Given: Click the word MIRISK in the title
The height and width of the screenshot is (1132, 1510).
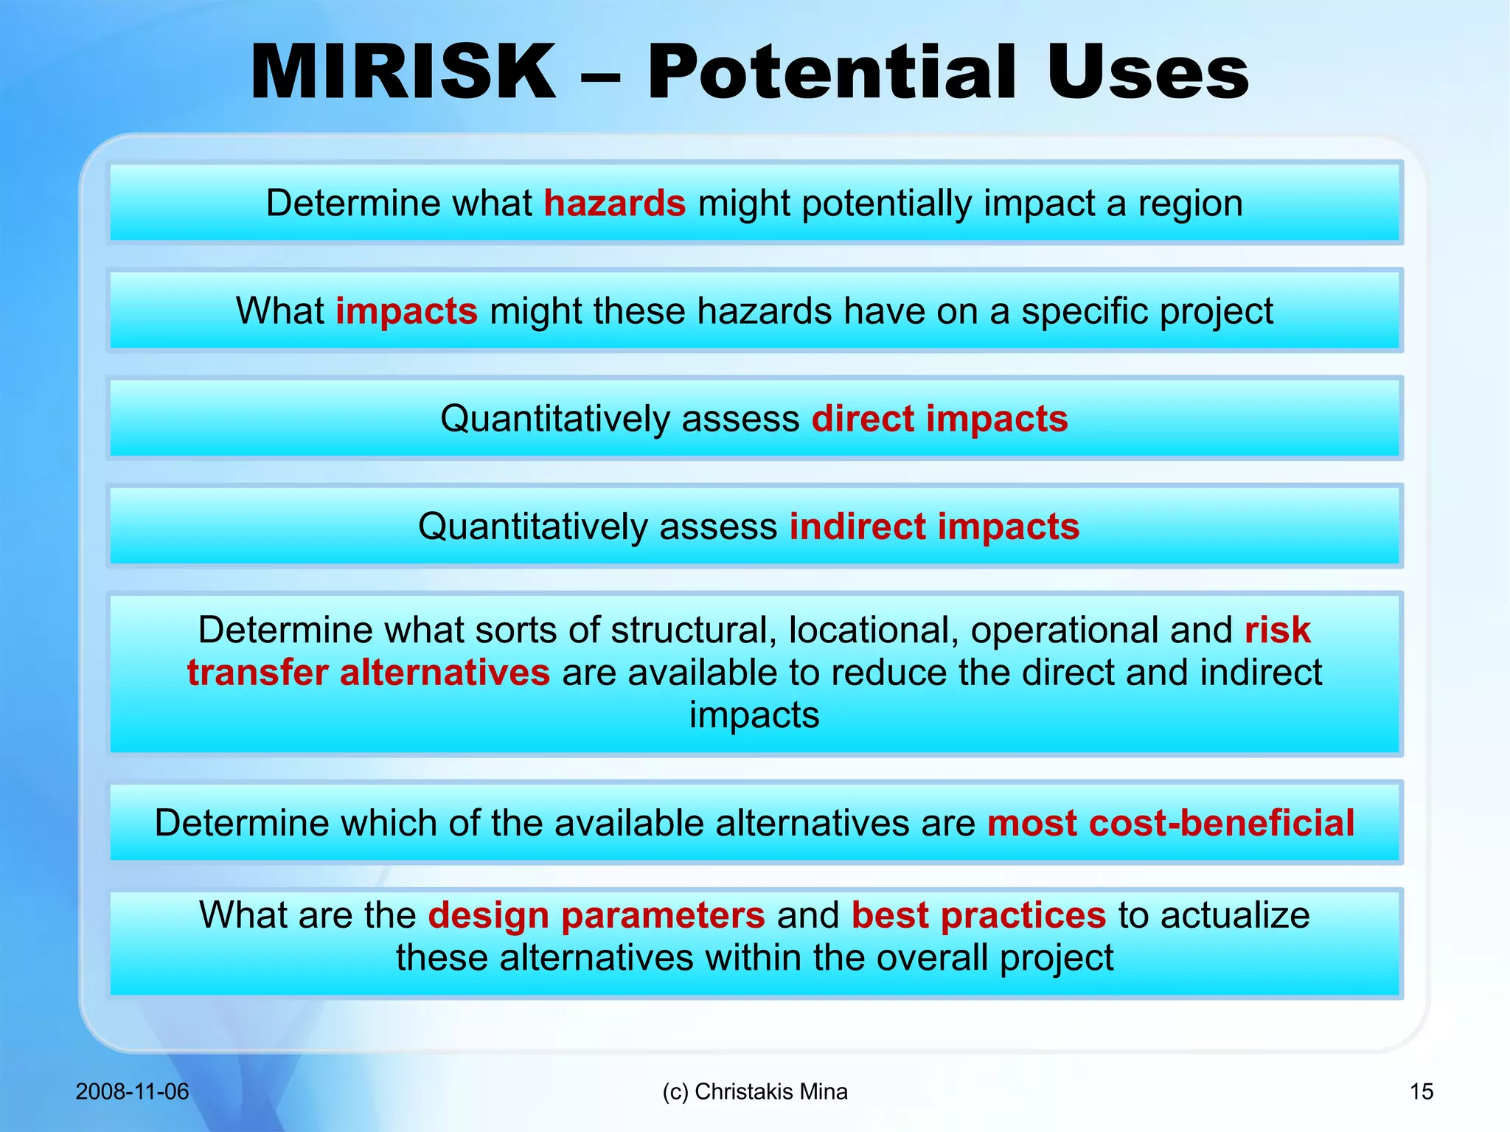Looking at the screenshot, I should [403, 72].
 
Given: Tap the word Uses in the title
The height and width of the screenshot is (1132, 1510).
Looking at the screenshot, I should [1147, 72].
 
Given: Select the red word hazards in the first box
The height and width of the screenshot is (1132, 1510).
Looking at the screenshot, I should [614, 203].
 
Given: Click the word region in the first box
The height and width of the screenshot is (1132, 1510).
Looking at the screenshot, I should [1190, 203].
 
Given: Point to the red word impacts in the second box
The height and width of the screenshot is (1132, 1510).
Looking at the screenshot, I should [406, 310].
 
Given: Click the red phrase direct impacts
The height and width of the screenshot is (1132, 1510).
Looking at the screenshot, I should [939, 419].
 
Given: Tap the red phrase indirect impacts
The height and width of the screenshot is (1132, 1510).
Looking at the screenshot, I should [934, 527].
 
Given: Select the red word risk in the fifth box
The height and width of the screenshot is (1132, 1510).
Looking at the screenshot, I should [1277, 630].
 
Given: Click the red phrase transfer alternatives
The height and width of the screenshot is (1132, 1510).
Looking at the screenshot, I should [368, 673].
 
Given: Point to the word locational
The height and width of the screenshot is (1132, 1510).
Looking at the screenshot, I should [873, 630].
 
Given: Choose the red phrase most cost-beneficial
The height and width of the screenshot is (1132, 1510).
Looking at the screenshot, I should [1170, 823].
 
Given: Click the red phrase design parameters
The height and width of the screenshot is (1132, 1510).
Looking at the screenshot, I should [596, 915].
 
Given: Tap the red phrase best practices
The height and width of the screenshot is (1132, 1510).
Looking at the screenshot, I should [978, 915].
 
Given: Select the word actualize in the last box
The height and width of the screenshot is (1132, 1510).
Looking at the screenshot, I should [1235, 915].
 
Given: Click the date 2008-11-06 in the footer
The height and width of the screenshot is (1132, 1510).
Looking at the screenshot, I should [132, 1091].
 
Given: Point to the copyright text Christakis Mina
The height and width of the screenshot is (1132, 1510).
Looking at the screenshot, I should [770, 1091].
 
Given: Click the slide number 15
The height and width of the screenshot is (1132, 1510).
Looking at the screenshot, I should [1421, 1091].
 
